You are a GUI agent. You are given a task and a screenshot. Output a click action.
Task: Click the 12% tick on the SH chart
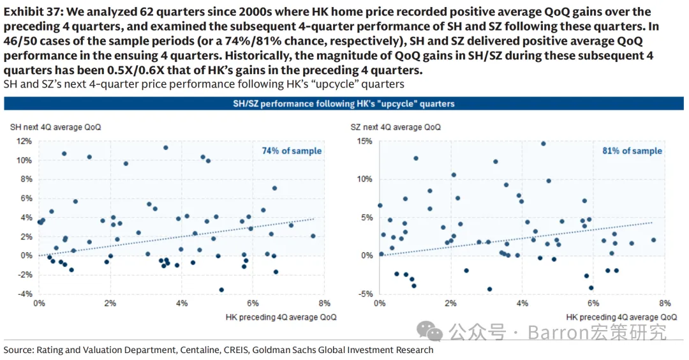24,140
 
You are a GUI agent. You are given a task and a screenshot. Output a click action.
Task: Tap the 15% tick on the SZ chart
364,140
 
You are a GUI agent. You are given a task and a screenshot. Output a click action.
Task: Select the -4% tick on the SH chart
24,294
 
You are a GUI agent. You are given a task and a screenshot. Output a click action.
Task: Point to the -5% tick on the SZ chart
365,294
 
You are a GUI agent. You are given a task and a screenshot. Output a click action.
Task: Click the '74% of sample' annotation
292,151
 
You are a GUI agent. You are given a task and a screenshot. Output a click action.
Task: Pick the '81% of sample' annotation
632,151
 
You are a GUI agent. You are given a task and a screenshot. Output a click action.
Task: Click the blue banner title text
344,103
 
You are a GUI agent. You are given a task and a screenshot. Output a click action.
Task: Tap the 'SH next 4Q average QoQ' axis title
56,127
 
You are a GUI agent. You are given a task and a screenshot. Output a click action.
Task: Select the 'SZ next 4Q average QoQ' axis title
396,127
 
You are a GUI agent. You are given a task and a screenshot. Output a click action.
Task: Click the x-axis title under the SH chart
281,317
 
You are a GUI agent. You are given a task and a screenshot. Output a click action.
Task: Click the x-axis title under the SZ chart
621,317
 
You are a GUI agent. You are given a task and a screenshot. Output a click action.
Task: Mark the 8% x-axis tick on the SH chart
323,303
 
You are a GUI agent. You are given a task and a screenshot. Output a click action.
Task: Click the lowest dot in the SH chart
221,289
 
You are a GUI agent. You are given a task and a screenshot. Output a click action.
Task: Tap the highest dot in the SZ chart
543,144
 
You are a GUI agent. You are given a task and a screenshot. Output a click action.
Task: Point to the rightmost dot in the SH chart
313,236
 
